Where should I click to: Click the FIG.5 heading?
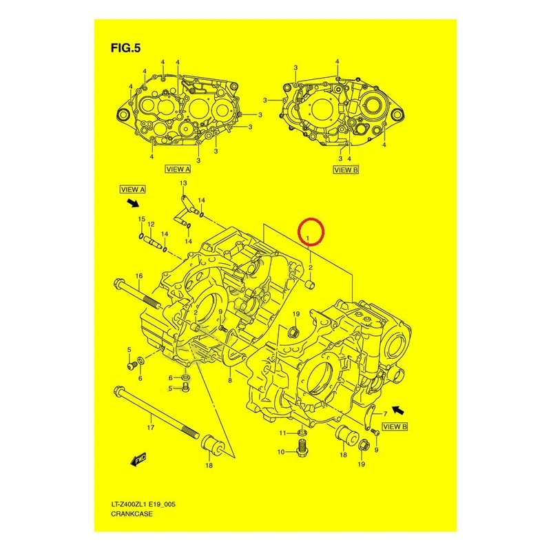(125, 48)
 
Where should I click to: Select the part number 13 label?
(183, 183)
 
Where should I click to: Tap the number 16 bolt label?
(139, 276)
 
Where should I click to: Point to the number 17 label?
(150, 428)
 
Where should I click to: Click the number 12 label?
(151, 225)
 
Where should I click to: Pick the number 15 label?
(141, 219)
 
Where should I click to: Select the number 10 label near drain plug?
(281, 453)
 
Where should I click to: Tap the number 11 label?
(283, 433)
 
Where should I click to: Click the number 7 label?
(385, 414)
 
